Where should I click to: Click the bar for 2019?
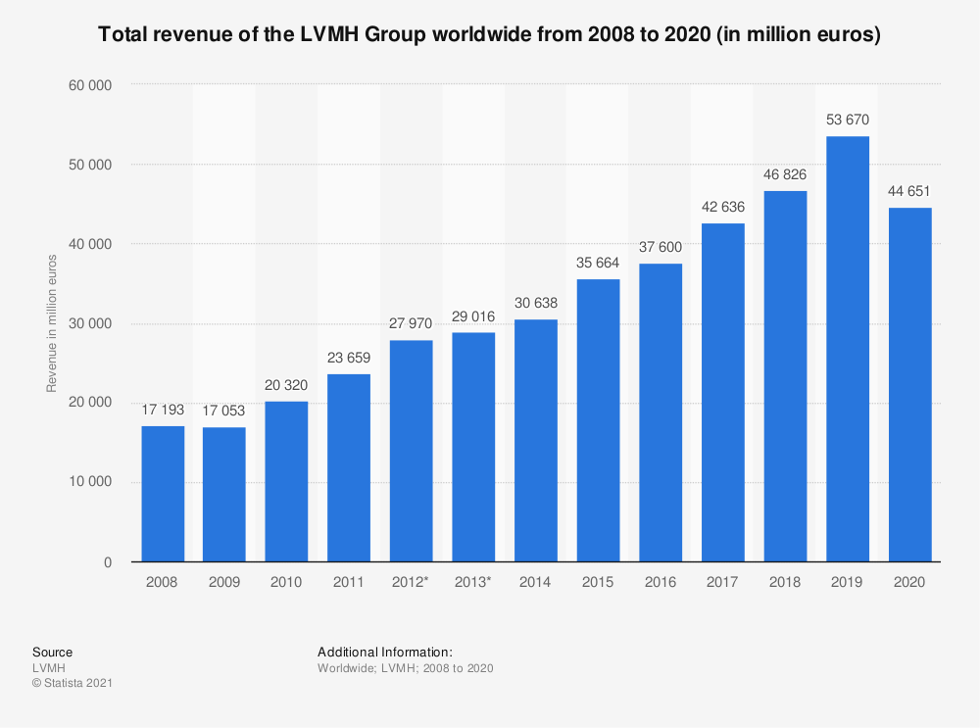[x=848, y=349]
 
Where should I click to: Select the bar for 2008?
[x=163, y=494]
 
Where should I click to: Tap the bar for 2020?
[x=910, y=385]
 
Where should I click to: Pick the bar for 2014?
[x=536, y=441]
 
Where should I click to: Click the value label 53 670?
[x=848, y=121]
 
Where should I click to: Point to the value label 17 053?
[x=224, y=412]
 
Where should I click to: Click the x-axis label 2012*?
[x=412, y=582]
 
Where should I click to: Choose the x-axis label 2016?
[x=661, y=582]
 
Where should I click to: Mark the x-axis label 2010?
[x=287, y=582]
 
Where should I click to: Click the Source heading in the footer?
[x=52, y=652]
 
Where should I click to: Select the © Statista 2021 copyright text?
[x=73, y=683]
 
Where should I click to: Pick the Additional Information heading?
[x=384, y=652]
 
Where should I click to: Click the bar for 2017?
[x=723, y=393]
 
